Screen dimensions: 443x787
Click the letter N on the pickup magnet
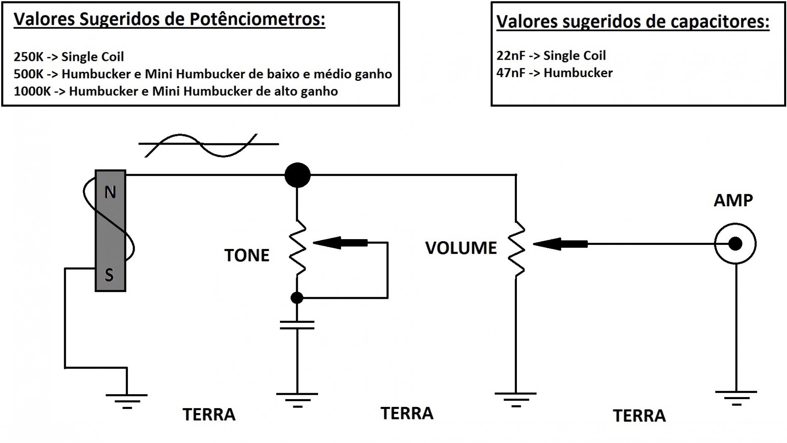tap(110, 192)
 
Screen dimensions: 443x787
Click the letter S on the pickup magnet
tap(109, 275)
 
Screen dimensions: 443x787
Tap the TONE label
tap(247, 255)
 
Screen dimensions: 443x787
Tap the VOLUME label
tap(461, 248)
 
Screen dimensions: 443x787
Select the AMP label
tap(733, 201)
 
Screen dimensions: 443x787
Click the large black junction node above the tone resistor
tap(297, 175)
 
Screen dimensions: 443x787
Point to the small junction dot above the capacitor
tap(297, 298)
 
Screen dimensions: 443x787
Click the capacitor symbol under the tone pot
tap(297, 325)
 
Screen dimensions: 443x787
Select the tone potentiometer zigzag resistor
tap(297, 247)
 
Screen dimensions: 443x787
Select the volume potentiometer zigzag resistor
tap(517, 249)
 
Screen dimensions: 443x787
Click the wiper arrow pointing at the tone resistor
tap(340, 243)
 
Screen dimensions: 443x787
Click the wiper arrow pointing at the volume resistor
tap(559, 244)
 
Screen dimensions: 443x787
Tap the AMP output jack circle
tap(735, 244)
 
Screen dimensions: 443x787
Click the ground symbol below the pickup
tap(127, 400)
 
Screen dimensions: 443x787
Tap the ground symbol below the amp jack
tap(736, 397)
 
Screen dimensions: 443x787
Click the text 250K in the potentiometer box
tap(28, 57)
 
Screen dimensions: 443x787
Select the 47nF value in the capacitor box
tap(511, 73)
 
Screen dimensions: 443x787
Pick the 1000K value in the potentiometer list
tap(32, 91)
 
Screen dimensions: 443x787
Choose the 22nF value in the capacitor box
tap(511, 56)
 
